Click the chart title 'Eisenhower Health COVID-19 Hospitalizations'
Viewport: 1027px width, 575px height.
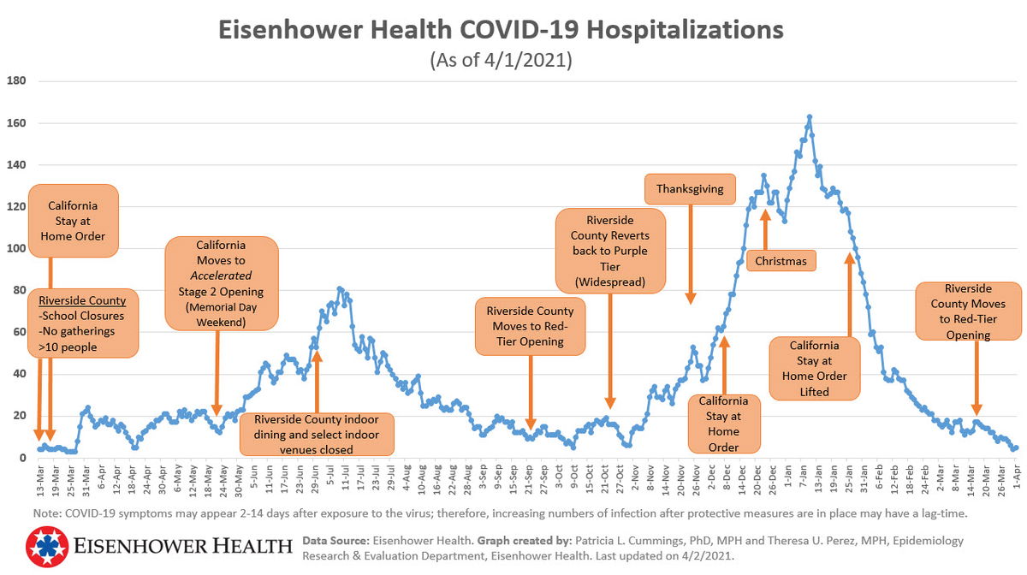[502, 30]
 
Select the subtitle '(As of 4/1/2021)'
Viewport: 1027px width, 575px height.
[502, 62]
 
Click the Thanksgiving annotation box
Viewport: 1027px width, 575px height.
[690, 189]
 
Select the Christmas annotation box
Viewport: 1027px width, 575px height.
[781, 260]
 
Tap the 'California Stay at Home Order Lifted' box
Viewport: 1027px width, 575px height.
[814, 368]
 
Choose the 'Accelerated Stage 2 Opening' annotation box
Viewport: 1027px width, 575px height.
[221, 283]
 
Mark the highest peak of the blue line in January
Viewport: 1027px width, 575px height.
[810, 116]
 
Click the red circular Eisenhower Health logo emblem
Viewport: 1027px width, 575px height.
[48, 548]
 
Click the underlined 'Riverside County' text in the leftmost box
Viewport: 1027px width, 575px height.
[82, 301]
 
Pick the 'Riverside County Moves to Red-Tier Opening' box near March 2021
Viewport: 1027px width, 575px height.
[968, 311]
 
